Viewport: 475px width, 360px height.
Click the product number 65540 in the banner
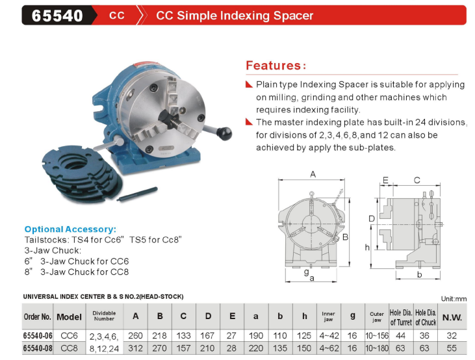(57, 16)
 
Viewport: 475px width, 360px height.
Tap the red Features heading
(276, 66)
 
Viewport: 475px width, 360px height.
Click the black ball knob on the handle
(224, 134)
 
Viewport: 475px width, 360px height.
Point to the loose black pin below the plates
(137, 194)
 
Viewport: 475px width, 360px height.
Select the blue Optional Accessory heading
(70, 229)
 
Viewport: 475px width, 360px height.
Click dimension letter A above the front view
(313, 174)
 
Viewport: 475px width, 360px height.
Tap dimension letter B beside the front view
(345, 237)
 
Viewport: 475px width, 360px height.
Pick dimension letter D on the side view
(372, 218)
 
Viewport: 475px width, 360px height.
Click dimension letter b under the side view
(419, 274)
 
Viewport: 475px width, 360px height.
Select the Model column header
(69, 317)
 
